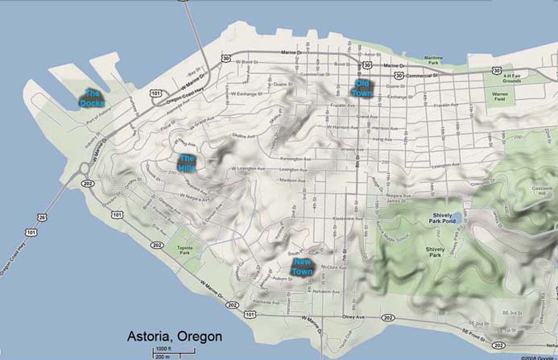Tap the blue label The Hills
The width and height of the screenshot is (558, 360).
click(x=187, y=161)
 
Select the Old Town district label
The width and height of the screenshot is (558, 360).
click(x=362, y=88)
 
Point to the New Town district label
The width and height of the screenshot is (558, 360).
click(x=303, y=267)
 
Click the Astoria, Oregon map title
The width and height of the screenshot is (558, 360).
click(x=174, y=335)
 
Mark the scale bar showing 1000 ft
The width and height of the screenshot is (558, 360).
click(x=163, y=350)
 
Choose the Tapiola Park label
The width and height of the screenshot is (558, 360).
click(x=186, y=250)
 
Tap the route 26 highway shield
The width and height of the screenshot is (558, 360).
click(x=41, y=217)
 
